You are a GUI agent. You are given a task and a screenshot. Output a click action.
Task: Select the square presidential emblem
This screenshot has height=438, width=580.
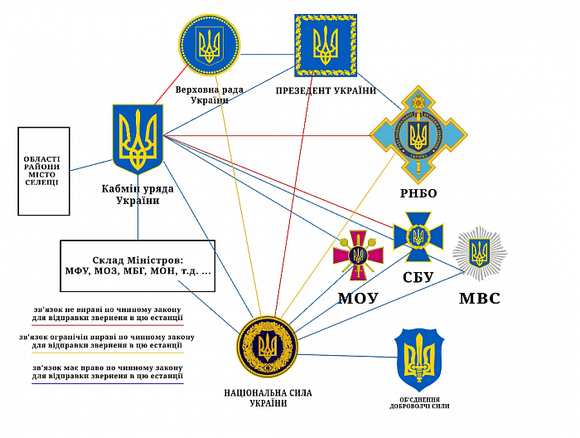(326, 45)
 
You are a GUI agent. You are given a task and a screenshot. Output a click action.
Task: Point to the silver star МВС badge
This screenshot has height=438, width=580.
(479, 253)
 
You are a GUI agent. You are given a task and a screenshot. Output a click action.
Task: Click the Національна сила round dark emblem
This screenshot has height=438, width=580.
(267, 348)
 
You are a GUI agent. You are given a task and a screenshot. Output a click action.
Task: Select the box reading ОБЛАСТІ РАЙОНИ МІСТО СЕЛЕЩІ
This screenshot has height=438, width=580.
(43, 171)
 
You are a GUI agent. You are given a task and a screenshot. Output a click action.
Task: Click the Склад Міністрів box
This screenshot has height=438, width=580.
(138, 265)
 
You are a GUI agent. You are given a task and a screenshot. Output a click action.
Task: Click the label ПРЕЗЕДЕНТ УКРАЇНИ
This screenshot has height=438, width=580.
(326, 89)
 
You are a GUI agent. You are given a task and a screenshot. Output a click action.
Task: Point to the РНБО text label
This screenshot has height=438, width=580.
(418, 193)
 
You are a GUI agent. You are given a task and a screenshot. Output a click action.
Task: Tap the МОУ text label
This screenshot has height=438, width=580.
(358, 297)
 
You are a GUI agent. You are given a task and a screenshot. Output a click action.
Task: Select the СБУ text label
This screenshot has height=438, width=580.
(418, 277)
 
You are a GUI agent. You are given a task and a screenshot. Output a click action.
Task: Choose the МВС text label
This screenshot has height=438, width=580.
(479, 298)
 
